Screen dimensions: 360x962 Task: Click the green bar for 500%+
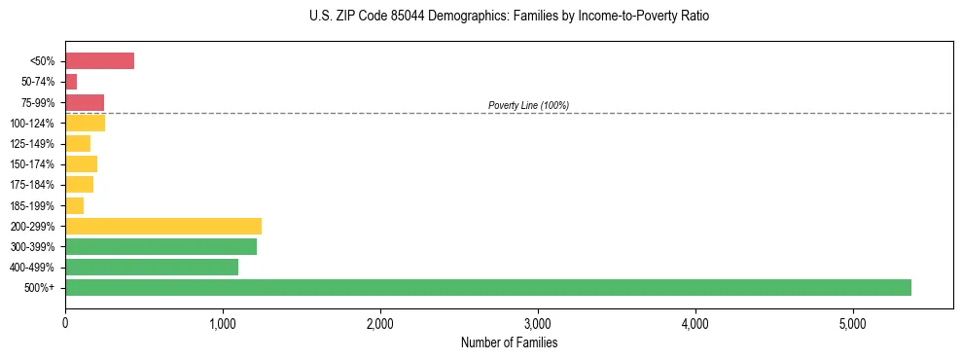click(487, 287)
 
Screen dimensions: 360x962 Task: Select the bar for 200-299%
click(162, 226)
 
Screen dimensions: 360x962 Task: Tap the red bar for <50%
click(99, 61)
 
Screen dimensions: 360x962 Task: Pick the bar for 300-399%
click(160, 246)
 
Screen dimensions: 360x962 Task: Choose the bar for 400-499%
click(151, 267)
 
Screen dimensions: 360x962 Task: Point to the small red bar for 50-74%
click(71, 82)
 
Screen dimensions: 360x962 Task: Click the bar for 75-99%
click(85, 102)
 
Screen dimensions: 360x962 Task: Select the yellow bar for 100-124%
click(85, 123)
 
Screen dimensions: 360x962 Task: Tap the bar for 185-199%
click(74, 205)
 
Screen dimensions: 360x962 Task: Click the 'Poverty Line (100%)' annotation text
click(528, 105)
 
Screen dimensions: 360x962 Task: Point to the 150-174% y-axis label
click(32, 164)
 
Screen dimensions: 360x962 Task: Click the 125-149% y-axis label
click(32, 144)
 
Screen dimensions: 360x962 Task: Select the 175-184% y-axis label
click(32, 185)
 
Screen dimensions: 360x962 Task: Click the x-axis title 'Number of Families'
click(509, 342)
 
